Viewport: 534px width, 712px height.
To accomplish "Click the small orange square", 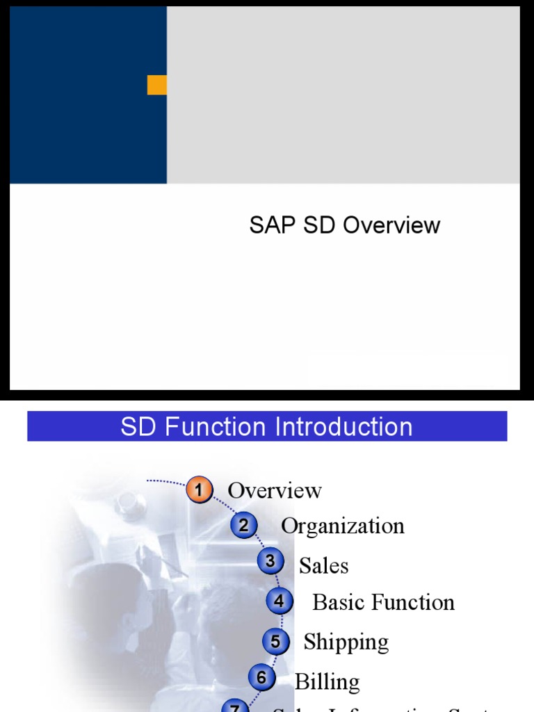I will tap(157, 85).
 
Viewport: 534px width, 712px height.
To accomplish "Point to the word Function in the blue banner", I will tap(213, 427).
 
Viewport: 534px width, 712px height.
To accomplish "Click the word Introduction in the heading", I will tap(344, 427).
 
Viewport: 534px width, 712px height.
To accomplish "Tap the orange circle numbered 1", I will tap(199, 491).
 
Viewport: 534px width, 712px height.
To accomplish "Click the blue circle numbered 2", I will tap(243, 526).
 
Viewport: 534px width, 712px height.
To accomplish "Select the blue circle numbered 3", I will tap(270, 561).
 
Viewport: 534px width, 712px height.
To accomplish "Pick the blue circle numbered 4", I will tap(279, 601).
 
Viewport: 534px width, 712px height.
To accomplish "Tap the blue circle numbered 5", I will tap(275, 641).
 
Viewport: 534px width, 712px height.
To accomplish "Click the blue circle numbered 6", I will tap(261, 677).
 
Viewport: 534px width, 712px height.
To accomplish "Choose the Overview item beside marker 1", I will tap(275, 491).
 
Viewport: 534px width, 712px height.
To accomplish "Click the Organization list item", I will tap(342, 526).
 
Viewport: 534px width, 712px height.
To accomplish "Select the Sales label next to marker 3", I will tap(323, 566).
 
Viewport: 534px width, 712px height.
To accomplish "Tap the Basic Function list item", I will tap(383, 602).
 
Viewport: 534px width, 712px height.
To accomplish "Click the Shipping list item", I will tap(346, 642).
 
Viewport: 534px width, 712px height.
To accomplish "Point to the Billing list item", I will tap(327, 682).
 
